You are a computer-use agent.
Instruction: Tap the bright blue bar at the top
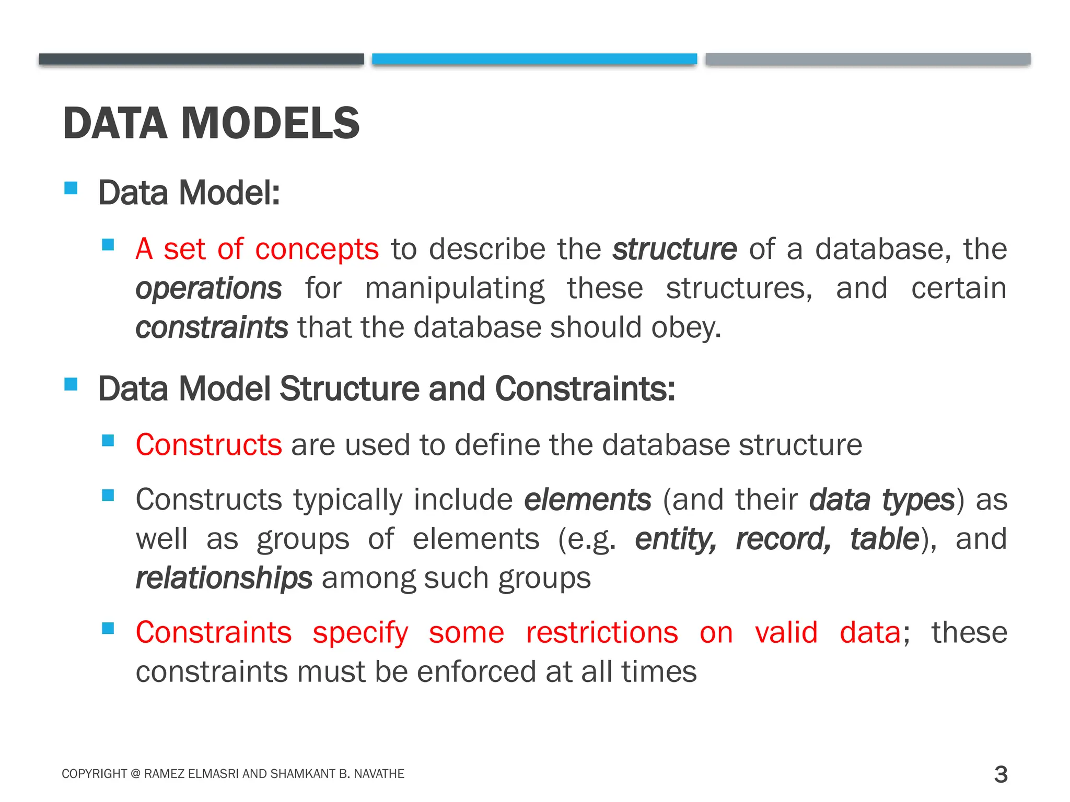pyautogui.click(x=534, y=59)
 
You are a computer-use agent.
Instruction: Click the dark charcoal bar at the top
pyautogui.click(x=201, y=59)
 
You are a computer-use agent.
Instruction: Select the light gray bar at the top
pyautogui.click(x=868, y=59)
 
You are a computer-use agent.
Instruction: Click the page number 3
pyautogui.click(x=1001, y=774)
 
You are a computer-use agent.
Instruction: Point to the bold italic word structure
pyautogui.click(x=674, y=249)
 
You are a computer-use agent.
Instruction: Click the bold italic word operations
pyautogui.click(x=208, y=288)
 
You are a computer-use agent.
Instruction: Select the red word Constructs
pyautogui.click(x=208, y=445)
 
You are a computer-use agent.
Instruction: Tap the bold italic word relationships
pyautogui.click(x=224, y=579)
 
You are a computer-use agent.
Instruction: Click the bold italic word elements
pyautogui.click(x=588, y=500)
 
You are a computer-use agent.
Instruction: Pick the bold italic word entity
pyautogui.click(x=676, y=539)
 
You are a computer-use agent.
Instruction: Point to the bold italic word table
pyautogui.click(x=885, y=539)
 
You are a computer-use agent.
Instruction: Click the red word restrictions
pyautogui.click(x=602, y=632)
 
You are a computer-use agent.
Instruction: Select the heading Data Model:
pyautogui.click(x=189, y=193)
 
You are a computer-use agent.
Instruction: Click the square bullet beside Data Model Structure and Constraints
pyautogui.click(x=71, y=385)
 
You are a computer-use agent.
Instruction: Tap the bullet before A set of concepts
pyautogui.click(x=108, y=245)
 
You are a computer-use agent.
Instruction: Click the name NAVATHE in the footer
pyautogui.click(x=379, y=774)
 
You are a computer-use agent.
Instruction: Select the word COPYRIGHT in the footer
pyautogui.click(x=94, y=774)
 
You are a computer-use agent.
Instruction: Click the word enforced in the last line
pyautogui.click(x=476, y=671)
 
